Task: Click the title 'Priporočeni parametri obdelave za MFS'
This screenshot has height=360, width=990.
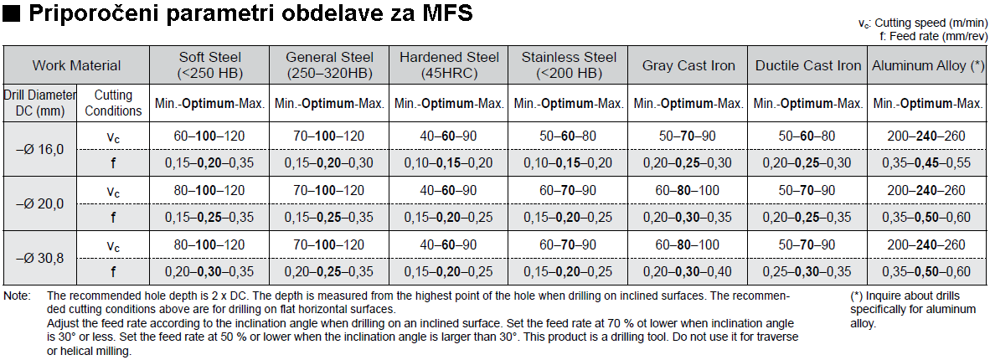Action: point(249,13)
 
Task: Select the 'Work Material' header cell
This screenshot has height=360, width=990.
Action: point(76,65)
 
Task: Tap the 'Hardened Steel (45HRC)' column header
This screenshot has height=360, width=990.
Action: point(449,65)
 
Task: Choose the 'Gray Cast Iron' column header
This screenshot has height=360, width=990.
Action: point(688,65)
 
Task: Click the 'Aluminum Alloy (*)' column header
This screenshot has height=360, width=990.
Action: point(928,65)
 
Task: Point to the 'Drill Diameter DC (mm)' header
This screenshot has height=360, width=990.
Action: point(40,103)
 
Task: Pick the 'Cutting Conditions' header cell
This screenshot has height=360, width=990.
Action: point(113,103)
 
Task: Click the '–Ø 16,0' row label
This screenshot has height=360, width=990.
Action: point(40,149)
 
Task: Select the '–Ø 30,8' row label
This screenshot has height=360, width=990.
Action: point(40,258)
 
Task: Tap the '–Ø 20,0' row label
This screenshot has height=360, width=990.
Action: point(40,203)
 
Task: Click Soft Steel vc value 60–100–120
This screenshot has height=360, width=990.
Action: point(209,136)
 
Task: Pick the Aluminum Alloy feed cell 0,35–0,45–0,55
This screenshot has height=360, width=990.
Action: point(928,163)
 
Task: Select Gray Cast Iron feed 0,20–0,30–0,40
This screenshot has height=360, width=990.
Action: point(688,271)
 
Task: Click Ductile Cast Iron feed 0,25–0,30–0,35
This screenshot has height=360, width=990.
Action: point(808,271)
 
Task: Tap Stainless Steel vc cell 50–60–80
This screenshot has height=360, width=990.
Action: point(569,136)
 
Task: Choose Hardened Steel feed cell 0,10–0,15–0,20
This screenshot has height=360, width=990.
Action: point(449,163)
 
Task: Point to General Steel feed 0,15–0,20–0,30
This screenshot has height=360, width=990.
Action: point(329,163)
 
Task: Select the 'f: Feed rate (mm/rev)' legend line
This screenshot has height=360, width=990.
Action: point(931,36)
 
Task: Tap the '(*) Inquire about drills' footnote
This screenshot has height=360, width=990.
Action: point(904,296)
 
